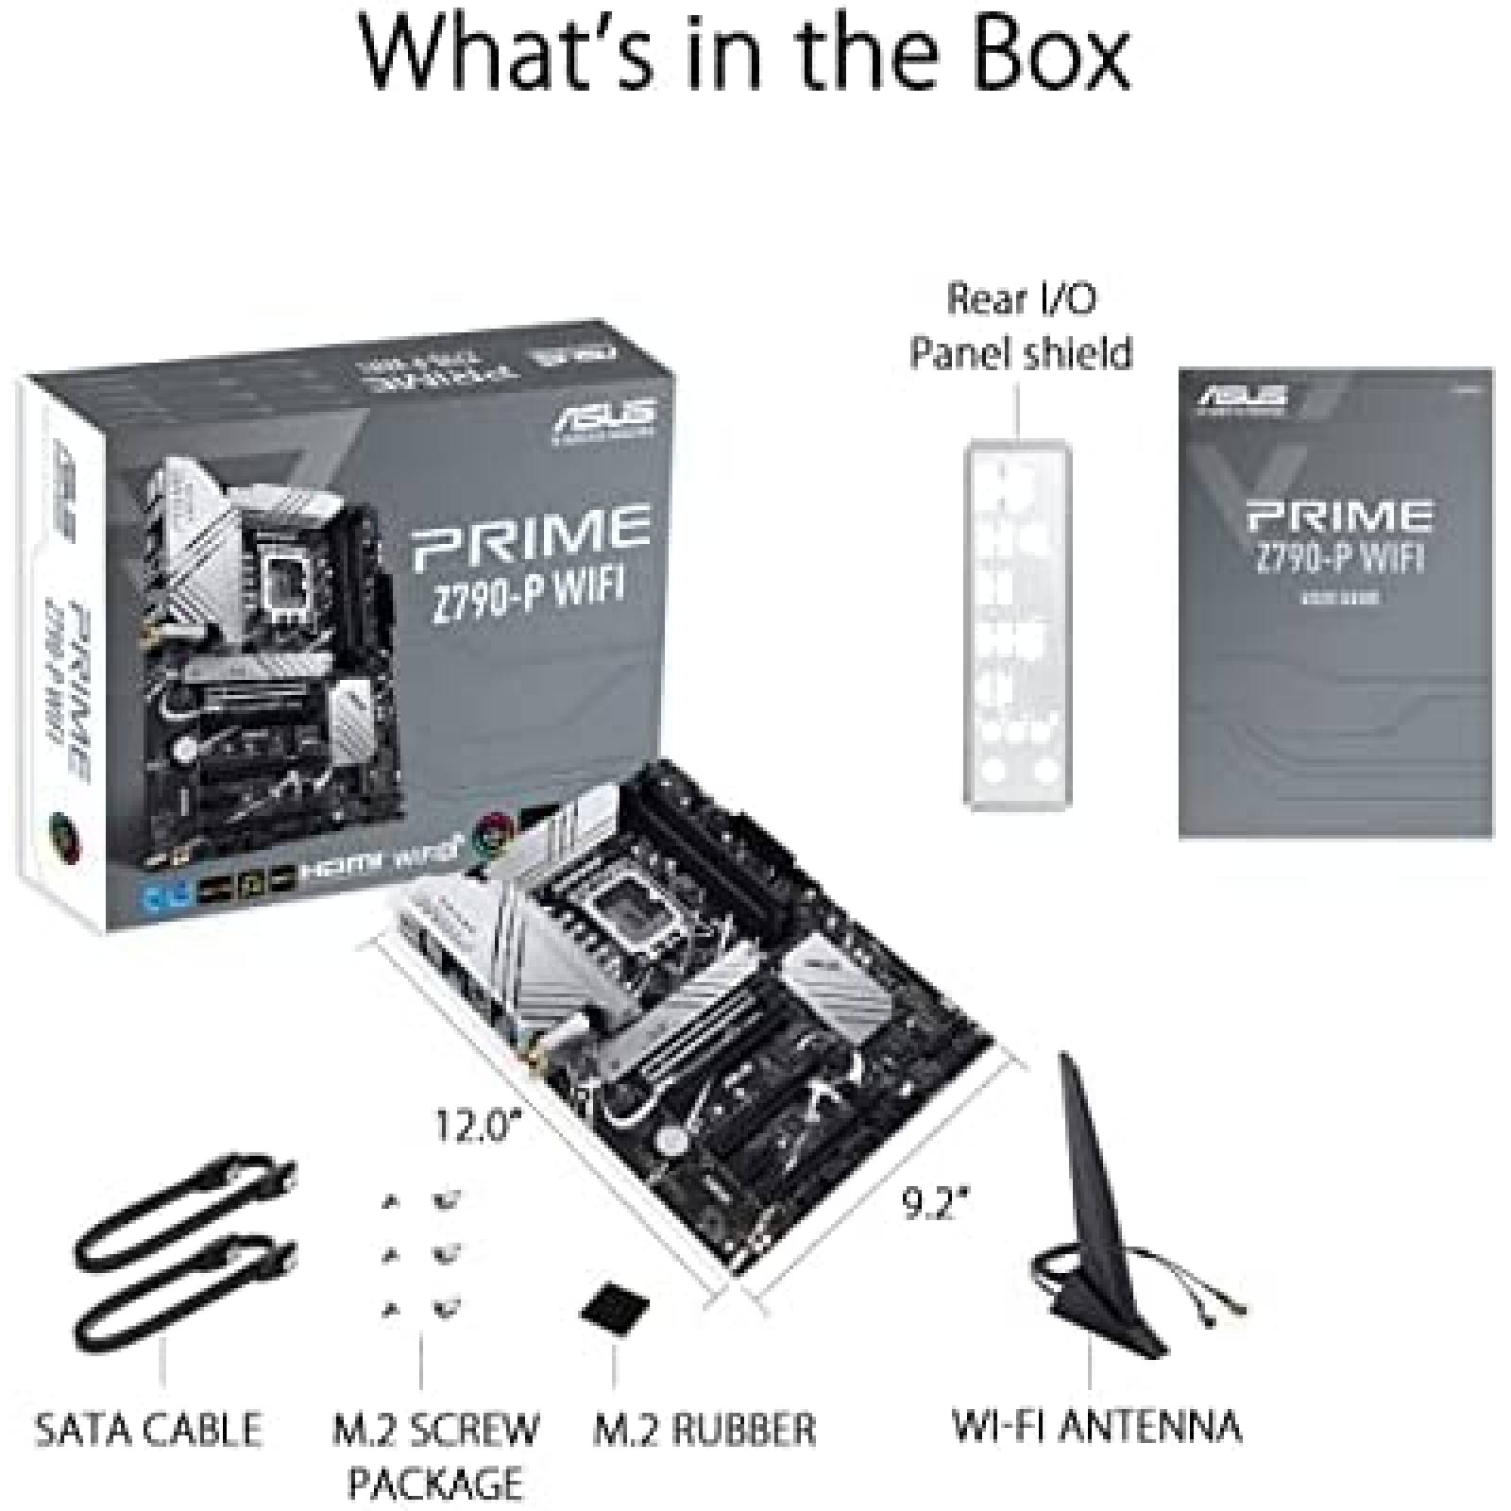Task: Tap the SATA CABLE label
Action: coord(148,1429)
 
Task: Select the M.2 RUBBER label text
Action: coord(704,1429)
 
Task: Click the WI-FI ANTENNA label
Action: coord(1095,1427)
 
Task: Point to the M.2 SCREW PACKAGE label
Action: coord(435,1454)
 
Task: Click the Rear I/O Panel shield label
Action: coord(1021,326)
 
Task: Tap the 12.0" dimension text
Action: coord(478,1126)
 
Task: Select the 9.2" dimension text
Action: coord(936,1203)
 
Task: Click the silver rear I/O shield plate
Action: coord(1017,623)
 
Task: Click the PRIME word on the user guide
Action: coord(1338,516)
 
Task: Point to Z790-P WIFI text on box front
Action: coord(530,585)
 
